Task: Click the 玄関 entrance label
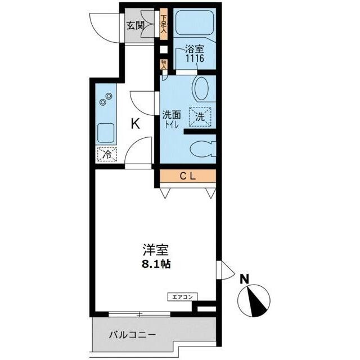pyautogui.click(x=136, y=25)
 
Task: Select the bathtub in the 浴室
pyautogui.click(x=193, y=24)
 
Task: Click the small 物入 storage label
pyautogui.click(x=164, y=64)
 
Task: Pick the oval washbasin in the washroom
pyautogui.click(x=201, y=89)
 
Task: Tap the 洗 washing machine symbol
pyautogui.click(x=200, y=116)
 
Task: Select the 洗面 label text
pyautogui.click(x=170, y=115)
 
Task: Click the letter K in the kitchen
pyautogui.click(x=136, y=124)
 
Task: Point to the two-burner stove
pyautogui.click(x=105, y=99)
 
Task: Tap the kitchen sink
pyautogui.click(x=105, y=133)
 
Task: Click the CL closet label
pyautogui.click(x=187, y=177)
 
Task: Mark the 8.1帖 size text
pyautogui.click(x=155, y=263)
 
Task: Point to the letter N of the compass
pyautogui.click(x=245, y=278)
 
